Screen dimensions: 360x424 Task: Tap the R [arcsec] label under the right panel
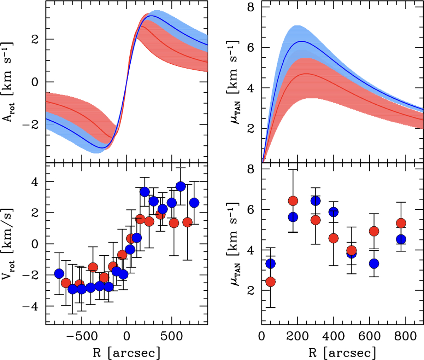[x=342, y=352]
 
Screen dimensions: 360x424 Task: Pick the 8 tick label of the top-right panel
[x=251, y=7]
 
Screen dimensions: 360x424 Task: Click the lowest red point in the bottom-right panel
[x=271, y=282]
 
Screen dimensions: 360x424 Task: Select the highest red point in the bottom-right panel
[x=293, y=201]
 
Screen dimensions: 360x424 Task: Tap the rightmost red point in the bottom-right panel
[x=401, y=223]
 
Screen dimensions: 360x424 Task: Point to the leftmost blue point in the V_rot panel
[x=59, y=273]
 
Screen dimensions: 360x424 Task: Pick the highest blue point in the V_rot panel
[x=181, y=186]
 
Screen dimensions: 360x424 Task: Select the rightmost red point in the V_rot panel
[x=187, y=222]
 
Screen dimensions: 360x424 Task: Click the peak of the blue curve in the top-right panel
[x=301, y=41]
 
